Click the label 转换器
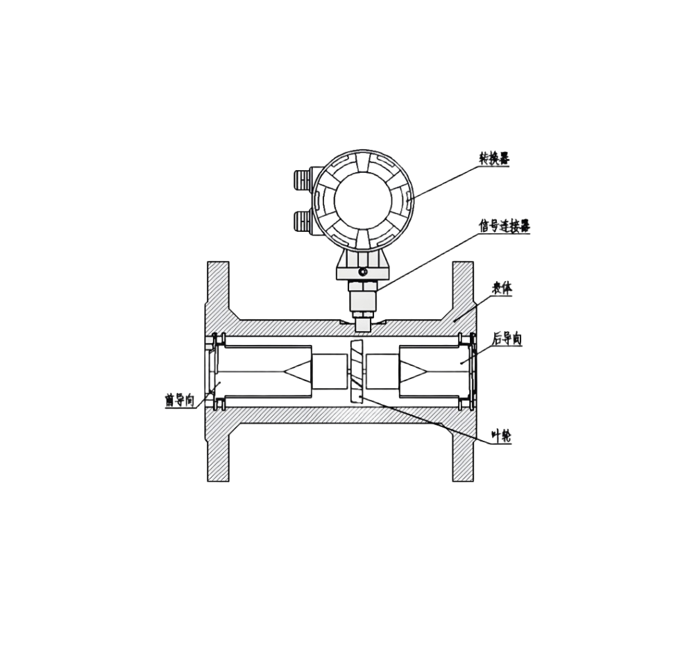494,158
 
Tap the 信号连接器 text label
505,226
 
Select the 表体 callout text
502,289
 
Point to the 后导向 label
507,339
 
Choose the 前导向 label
180,401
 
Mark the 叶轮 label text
502,436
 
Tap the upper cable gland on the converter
303,180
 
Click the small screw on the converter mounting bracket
363,271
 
